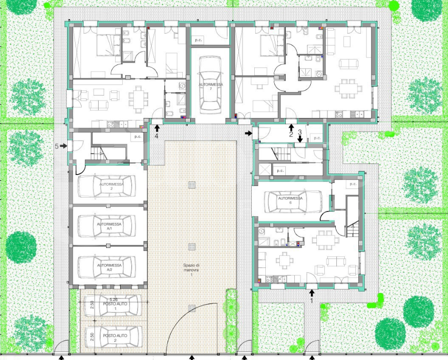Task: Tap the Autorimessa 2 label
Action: tap(111, 187)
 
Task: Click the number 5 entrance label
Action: tap(57, 146)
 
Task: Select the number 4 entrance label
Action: tap(157, 136)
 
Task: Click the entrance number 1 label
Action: tap(311, 301)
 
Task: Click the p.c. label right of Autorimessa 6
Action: tap(353, 184)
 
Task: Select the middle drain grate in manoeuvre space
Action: tap(192, 246)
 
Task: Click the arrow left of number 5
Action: tap(64, 146)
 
